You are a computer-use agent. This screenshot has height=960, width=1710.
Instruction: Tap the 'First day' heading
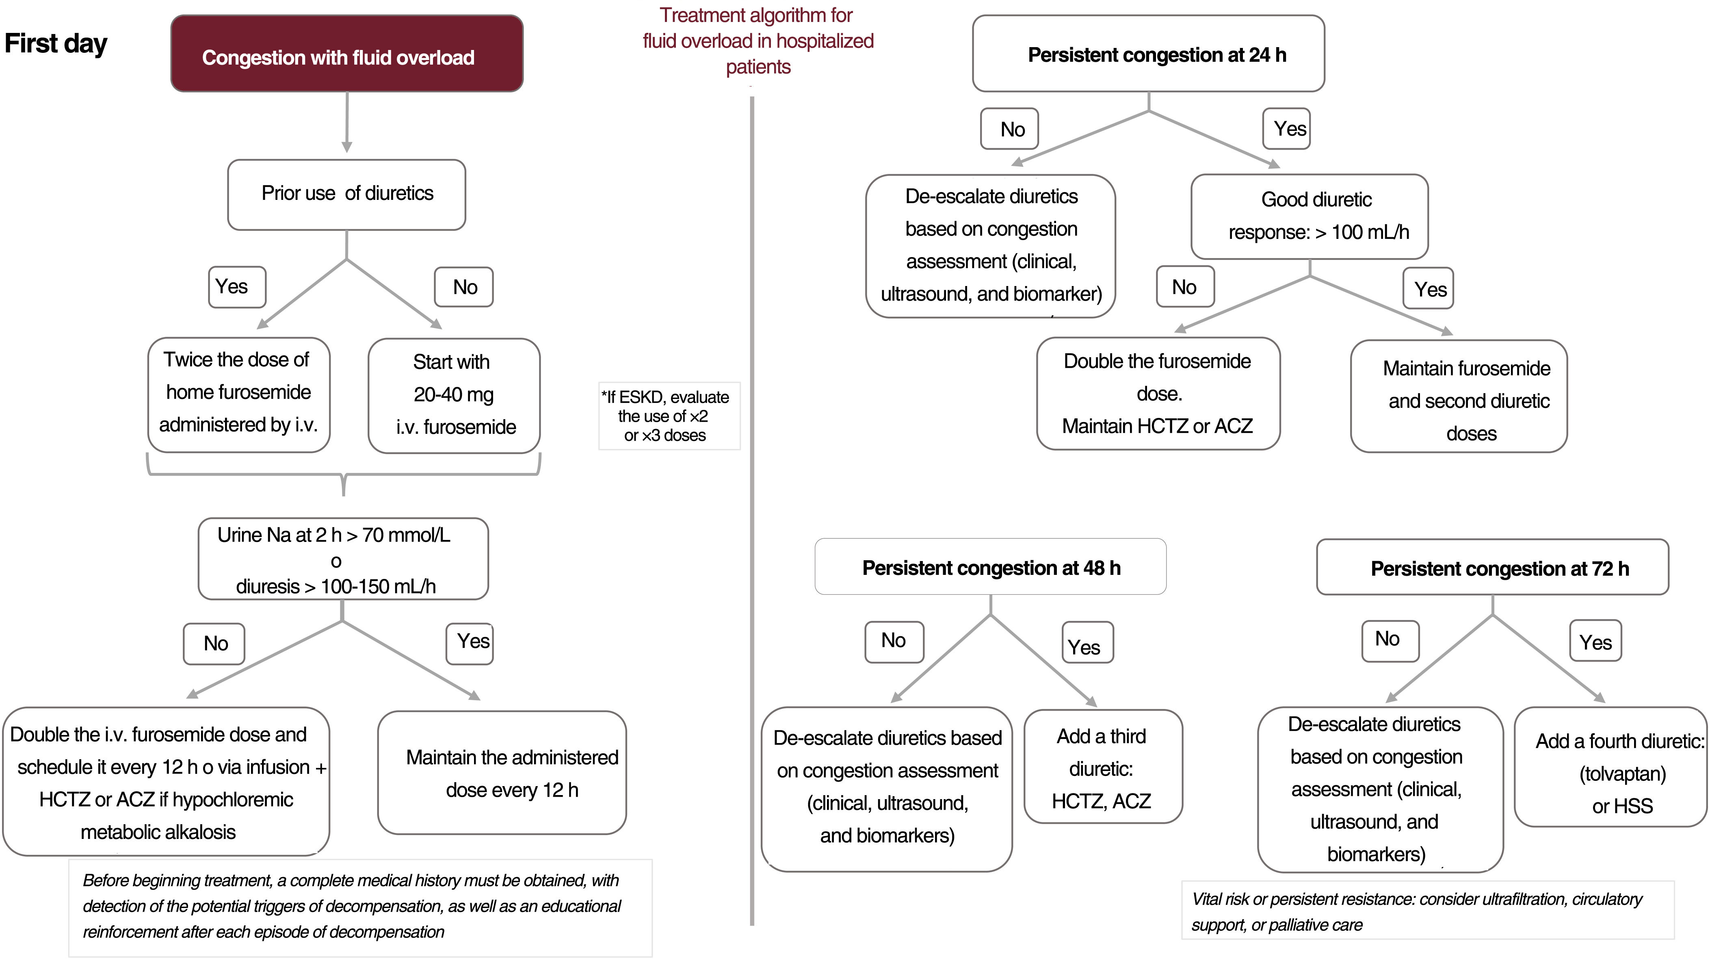pos(56,44)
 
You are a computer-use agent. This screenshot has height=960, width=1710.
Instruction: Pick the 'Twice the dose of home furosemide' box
pos(238,394)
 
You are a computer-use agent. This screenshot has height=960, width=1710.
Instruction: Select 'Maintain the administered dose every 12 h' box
pos(502,773)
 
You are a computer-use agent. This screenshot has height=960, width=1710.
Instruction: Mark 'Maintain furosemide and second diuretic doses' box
pos(1459,397)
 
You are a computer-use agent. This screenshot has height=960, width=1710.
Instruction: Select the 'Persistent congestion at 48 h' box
pos(990,567)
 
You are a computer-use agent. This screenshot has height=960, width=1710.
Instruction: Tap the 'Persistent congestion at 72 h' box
pos(1492,568)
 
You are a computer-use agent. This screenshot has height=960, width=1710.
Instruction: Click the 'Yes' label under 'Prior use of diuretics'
pos(237,287)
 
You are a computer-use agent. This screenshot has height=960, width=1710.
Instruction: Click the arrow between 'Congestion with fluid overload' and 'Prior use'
pos(346,123)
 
